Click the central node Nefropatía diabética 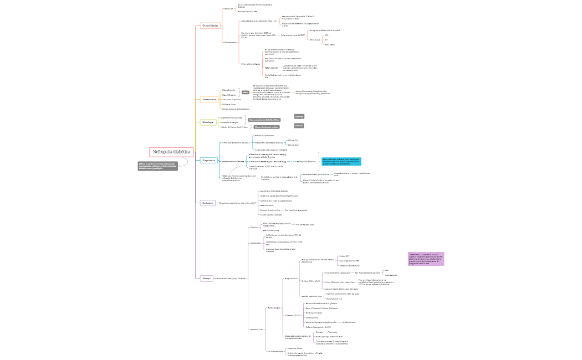171,152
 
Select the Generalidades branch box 210,26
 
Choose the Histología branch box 208,122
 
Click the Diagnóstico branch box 208,161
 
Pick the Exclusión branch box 207,203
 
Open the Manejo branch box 206,278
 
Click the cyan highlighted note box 341,161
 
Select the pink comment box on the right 426,259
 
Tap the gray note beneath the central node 157,166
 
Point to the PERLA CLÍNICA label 271,68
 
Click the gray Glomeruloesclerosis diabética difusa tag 264,120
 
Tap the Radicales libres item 229,104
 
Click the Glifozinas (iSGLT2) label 293,315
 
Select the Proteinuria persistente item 264,135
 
